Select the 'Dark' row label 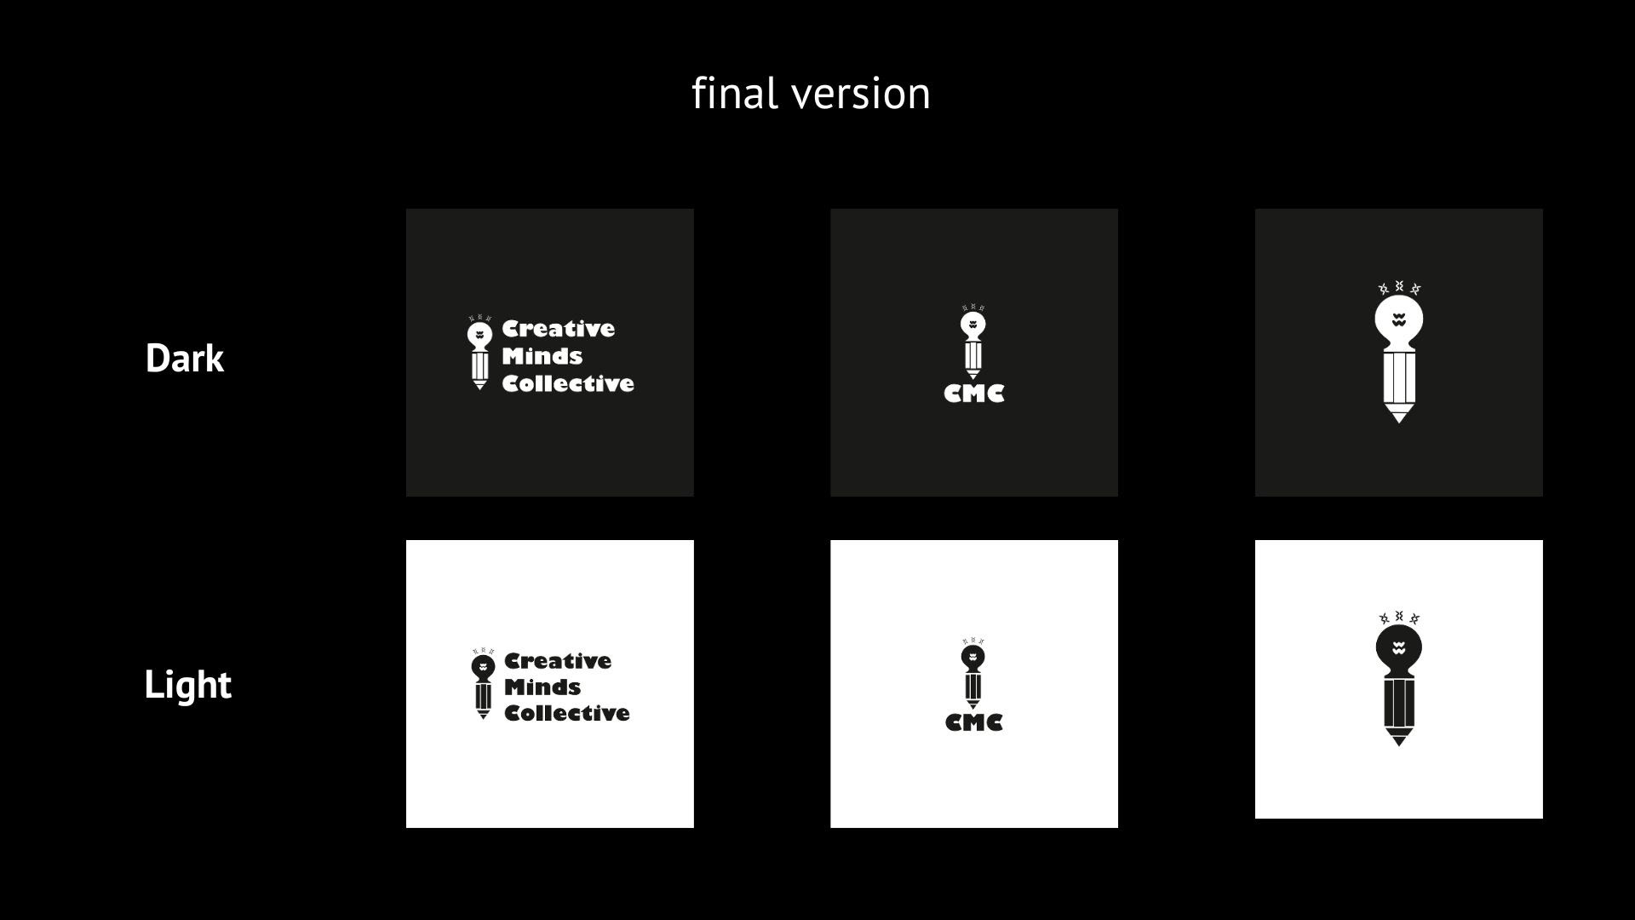(x=185, y=358)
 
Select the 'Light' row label (x=187, y=684)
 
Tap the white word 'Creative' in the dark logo (x=558, y=329)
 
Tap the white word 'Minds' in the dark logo (x=542, y=356)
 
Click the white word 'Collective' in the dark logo (x=568, y=384)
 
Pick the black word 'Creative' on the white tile (x=558, y=661)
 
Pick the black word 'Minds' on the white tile (x=542, y=687)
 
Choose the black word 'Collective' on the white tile (x=567, y=713)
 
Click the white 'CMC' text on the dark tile (x=974, y=394)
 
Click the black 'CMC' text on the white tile (x=974, y=722)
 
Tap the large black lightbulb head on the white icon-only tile (x=1398, y=649)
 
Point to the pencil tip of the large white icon (x=1398, y=416)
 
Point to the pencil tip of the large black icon (x=1398, y=739)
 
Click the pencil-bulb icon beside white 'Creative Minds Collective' (x=479, y=354)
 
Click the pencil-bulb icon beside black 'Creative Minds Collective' (x=483, y=684)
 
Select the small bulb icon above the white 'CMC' (x=973, y=342)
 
